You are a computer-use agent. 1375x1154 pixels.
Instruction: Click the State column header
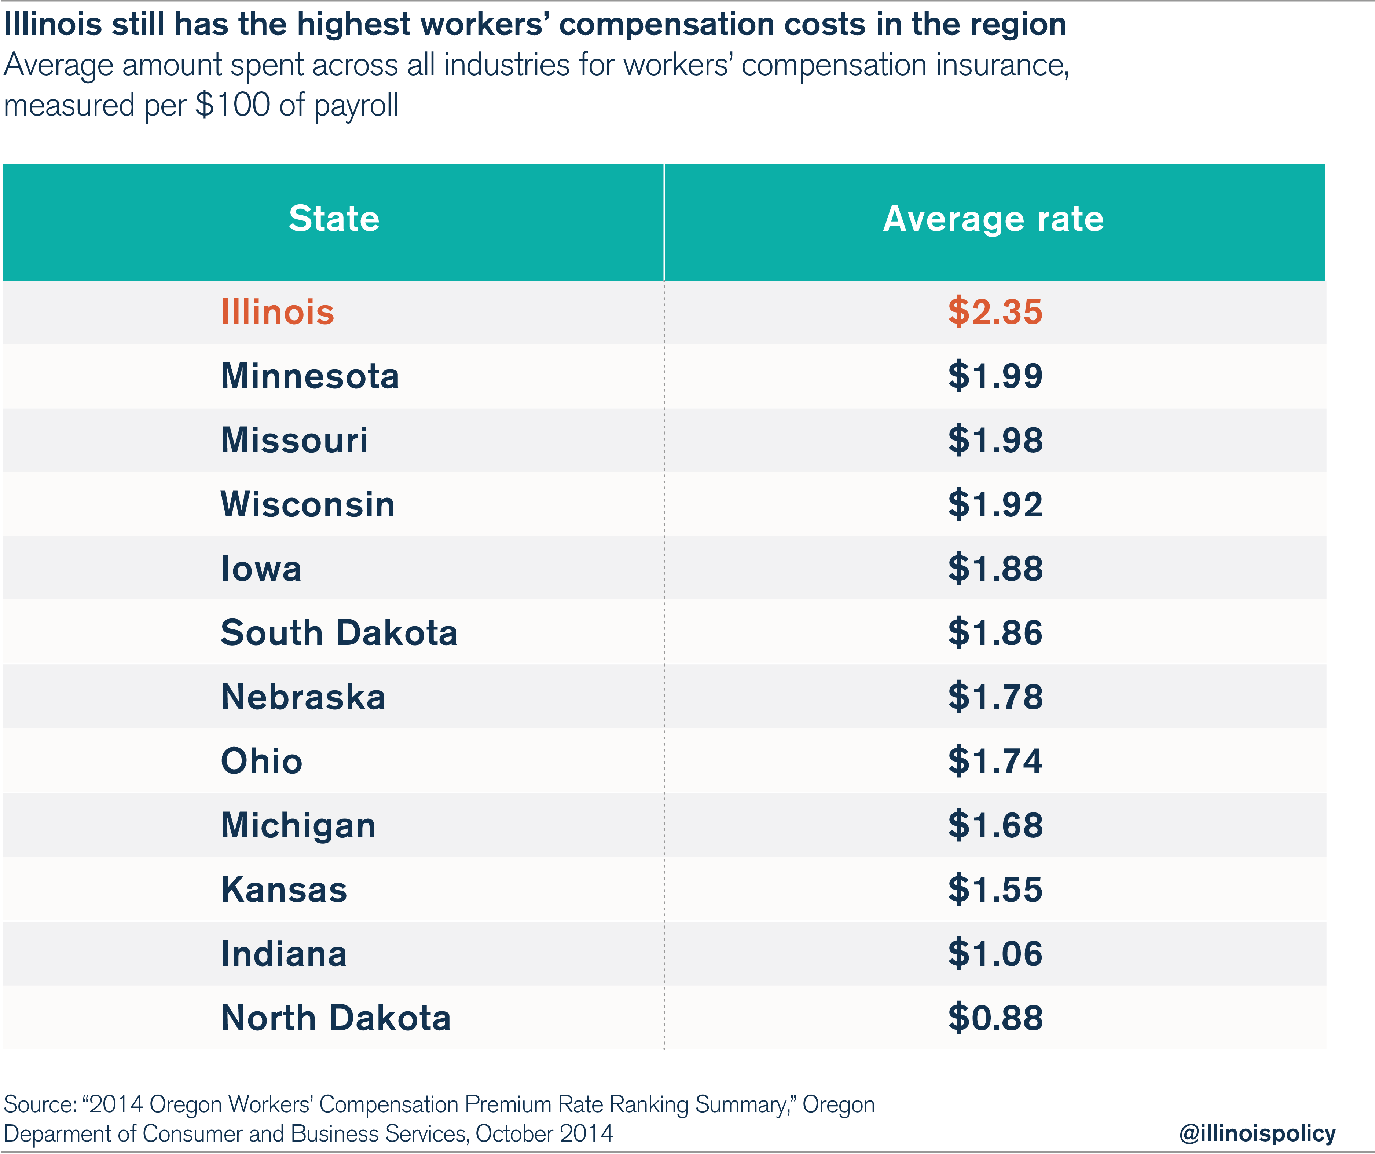(x=334, y=219)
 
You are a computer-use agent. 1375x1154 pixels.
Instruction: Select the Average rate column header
(x=993, y=219)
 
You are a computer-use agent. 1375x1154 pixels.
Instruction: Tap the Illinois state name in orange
(x=278, y=312)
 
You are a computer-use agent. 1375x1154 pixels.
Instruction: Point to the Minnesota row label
(x=310, y=376)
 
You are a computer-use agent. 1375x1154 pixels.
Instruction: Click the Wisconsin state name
(x=308, y=504)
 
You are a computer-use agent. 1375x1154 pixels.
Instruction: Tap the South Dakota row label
(x=338, y=633)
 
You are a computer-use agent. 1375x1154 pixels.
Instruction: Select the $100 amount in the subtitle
(x=232, y=105)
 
